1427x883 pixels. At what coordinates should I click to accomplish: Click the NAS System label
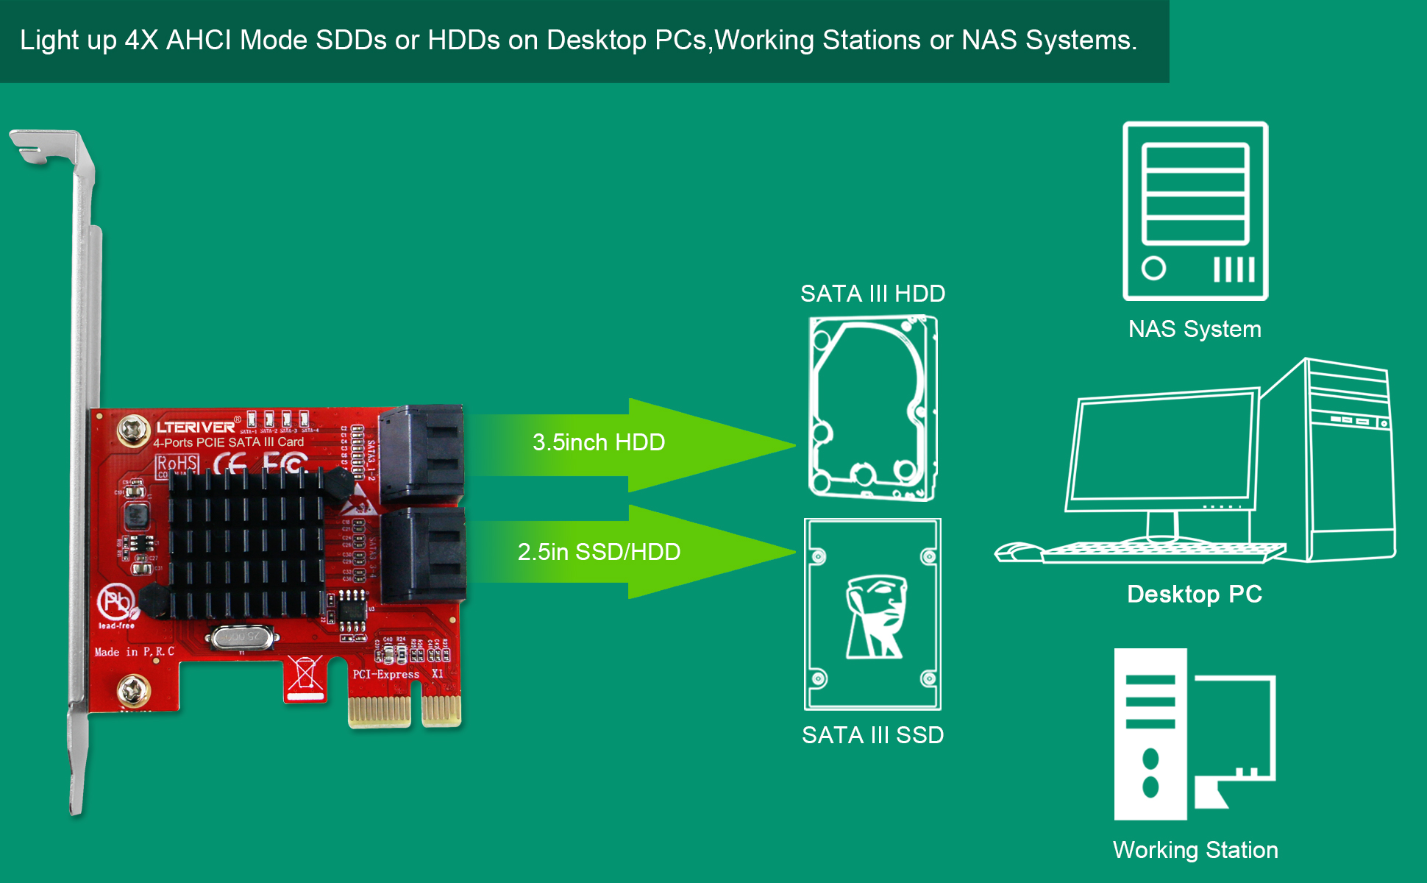(x=1195, y=329)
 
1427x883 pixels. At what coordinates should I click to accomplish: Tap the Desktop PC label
(x=1195, y=594)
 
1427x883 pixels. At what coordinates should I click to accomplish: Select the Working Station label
(x=1195, y=850)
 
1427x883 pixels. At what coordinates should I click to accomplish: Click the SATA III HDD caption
(x=872, y=294)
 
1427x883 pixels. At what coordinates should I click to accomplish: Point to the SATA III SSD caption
(x=872, y=735)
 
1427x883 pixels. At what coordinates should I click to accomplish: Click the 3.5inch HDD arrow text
(x=599, y=442)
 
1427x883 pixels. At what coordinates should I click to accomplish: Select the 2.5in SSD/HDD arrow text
(x=599, y=552)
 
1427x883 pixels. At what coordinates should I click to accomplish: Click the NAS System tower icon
(x=1195, y=211)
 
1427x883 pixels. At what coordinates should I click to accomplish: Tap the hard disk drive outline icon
(x=872, y=408)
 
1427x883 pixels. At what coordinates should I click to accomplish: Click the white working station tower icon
(x=1150, y=734)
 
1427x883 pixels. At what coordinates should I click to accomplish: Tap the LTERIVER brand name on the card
(x=195, y=427)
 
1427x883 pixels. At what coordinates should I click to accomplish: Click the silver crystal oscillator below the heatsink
(x=242, y=636)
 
